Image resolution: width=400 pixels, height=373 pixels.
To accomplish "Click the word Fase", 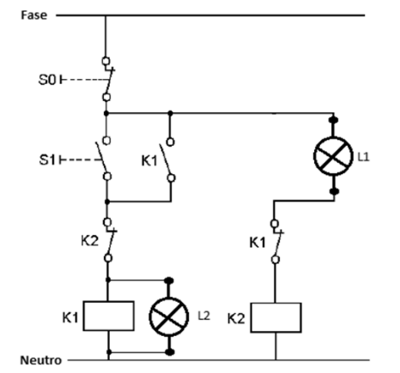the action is tap(33, 15).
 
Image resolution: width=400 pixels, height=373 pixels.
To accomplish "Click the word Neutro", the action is tap(41, 360).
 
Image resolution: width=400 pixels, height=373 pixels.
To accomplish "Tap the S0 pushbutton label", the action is tap(47, 80).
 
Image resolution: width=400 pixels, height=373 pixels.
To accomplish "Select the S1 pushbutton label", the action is tap(47, 159).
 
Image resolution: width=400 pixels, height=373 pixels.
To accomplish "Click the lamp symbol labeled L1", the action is tap(333, 156).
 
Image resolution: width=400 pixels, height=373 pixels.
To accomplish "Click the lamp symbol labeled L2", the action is tap(169, 316).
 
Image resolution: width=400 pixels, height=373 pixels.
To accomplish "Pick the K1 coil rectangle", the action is tap(109, 316).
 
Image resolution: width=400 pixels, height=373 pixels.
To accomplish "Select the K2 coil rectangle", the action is tap(276, 317).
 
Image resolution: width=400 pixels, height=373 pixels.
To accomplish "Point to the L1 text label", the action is tap(364, 157).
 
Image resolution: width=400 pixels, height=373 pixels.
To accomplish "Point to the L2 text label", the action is tap(204, 316).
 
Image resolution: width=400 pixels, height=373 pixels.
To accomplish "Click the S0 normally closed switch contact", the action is tap(107, 80).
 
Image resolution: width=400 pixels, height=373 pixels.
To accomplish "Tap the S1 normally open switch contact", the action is tap(104, 159).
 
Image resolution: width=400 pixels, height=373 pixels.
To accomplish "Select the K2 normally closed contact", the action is tap(109, 240).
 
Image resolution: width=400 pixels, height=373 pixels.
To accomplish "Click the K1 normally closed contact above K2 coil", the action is tap(276, 242).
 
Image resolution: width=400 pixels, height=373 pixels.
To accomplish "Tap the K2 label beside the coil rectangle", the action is tap(236, 318).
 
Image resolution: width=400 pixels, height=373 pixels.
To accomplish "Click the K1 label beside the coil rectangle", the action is tap(70, 317).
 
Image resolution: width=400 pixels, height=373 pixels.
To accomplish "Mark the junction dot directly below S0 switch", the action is tap(106, 113).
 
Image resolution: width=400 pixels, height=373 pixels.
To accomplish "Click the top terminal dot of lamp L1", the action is tap(333, 120).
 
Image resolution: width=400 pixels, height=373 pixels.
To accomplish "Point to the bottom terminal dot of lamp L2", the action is tap(170, 352).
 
